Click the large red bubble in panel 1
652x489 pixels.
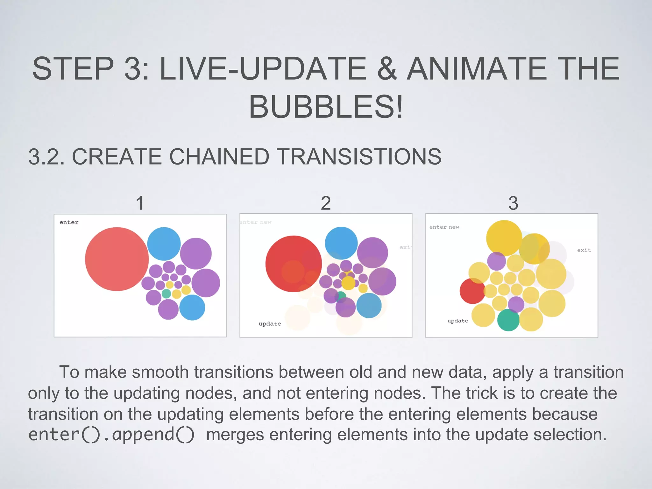pos(117,259)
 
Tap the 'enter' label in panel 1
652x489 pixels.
pos(69,222)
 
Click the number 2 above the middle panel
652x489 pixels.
pos(326,203)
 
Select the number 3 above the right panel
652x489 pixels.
pos(513,203)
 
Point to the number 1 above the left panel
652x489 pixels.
pos(140,203)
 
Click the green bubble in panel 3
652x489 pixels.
pos(508,320)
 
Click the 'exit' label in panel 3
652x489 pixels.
pos(584,250)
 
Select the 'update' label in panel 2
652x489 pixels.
pos(270,323)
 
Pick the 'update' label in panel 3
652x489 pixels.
pos(457,321)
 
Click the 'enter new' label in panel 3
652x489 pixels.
pos(444,227)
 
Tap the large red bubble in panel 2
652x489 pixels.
pos(293,264)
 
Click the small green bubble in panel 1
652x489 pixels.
pos(166,294)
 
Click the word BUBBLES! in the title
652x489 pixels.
pos(326,107)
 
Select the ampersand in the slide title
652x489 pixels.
pos(387,68)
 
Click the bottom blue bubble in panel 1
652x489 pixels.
pos(192,307)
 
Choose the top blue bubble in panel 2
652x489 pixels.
pos(341,243)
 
